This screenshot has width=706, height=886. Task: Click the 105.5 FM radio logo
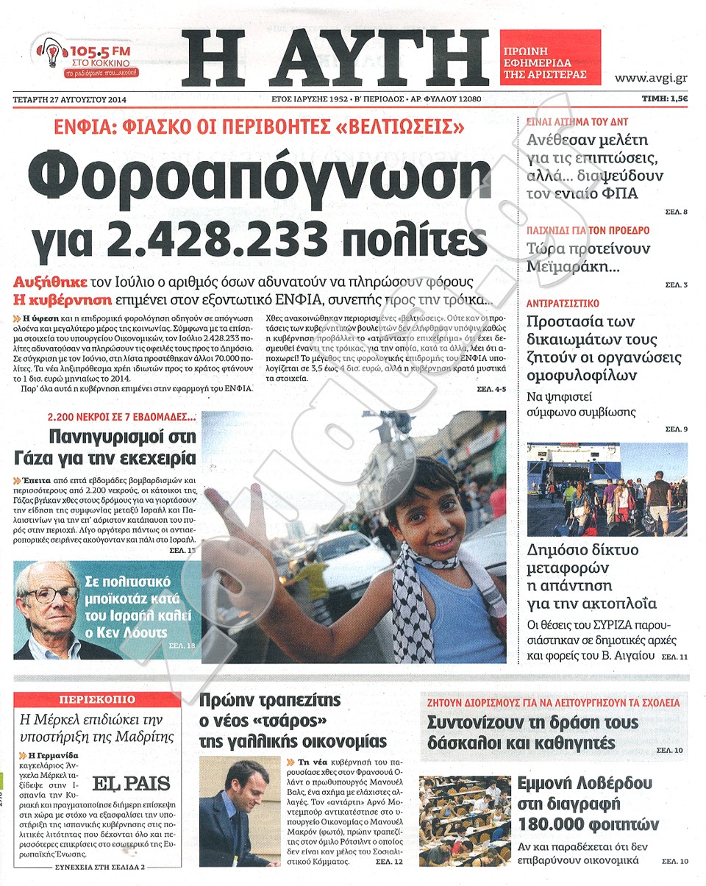pyautogui.click(x=87, y=59)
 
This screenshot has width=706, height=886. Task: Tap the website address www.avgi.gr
pyautogui.click(x=651, y=76)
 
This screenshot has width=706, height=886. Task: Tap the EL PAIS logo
pyautogui.click(x=131, y=783)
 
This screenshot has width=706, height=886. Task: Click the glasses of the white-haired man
pyautogui.click(x=51, y=593)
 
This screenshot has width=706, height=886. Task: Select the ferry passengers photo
pyautogui.click(x=607, y=490)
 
